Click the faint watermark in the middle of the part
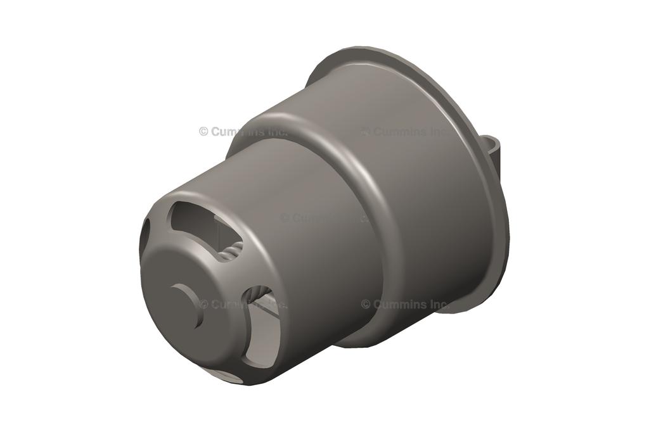click(x=323, y=217)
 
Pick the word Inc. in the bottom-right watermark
click(x=437, y=304)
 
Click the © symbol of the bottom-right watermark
click(x=366, y=304)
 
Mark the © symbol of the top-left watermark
click(x=203, y=132)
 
